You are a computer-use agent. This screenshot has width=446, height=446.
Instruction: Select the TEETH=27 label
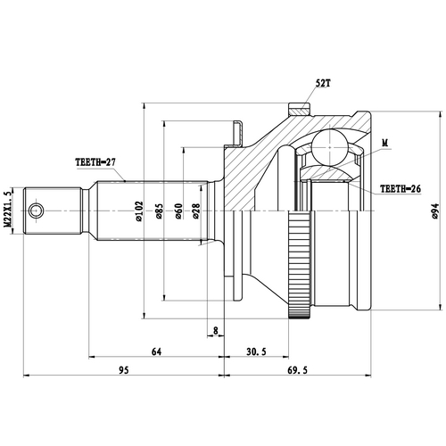[x=96, y=163]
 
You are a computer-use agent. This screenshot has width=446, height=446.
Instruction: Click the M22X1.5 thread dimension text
[x=8, y=211]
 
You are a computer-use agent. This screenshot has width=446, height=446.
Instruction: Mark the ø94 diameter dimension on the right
[x=434, y=211]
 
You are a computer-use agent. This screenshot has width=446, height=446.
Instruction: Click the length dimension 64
[x=156, y=352]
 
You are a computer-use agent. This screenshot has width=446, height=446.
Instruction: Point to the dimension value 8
[x=216, y=332]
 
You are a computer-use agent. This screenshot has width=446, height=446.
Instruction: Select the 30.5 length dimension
[x=256, y=352]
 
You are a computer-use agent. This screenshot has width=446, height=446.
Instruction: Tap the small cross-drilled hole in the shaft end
[x=36, y=211]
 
